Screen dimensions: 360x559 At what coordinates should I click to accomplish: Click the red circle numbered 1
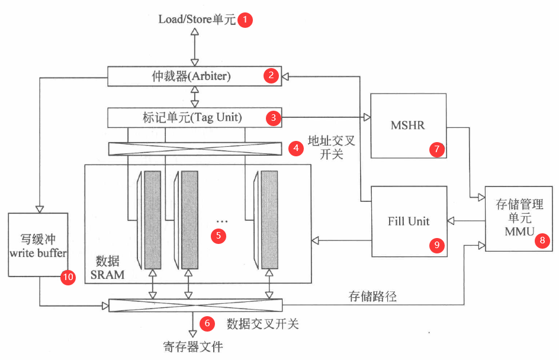[x=245, y=20]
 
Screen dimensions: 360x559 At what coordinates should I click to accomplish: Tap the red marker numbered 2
[x=271, y=76]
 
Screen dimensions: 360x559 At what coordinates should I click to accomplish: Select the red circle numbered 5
[x=219, y=235]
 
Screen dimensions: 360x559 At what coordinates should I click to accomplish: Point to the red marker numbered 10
[x=68, y=277]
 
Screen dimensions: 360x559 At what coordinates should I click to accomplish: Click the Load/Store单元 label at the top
[x=197, y=20]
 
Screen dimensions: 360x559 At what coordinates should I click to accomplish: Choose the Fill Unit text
[x=409, y=221]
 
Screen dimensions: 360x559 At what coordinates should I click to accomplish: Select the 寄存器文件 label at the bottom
[x=193, y=346]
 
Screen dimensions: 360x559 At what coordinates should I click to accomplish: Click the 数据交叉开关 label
[x=262, y=324]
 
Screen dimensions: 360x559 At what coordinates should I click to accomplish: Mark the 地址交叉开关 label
[x=324, y=149]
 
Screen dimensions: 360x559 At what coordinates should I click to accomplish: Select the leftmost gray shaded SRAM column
[x=152, y=219]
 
